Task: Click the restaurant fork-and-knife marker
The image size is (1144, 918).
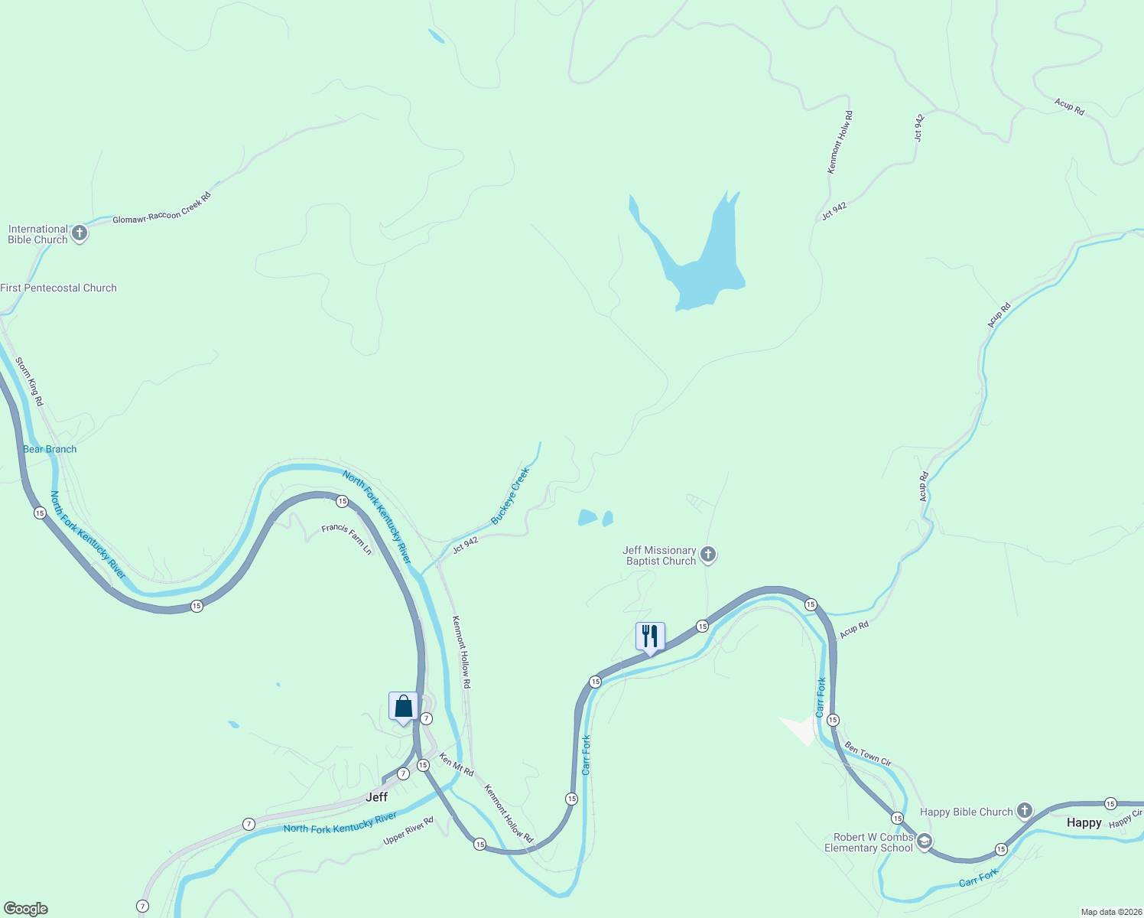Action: coord(650,636)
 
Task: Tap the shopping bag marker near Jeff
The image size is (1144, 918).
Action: coord(403,706)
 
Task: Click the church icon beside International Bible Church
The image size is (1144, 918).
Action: coord(80,233)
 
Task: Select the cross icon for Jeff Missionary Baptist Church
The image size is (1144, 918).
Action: coord(708,555)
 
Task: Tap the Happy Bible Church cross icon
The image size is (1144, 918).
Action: coord(1025,811)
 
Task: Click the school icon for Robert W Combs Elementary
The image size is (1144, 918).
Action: coord(924,842)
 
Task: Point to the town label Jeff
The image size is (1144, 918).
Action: coord(376,797)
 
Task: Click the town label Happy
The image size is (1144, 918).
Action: coord(1084,822)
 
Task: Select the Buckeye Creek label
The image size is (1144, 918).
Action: coord(510,496)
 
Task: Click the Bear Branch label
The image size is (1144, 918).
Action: coord(50,449)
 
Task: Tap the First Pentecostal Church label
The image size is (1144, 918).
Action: coord(59,288)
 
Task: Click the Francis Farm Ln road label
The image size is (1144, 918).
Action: coord(346,539)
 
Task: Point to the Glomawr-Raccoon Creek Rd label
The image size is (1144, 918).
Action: coord(161,208)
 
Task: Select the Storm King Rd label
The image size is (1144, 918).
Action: coord(30,381)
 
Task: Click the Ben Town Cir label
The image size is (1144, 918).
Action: coord(868,754)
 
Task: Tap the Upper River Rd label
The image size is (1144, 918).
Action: coord(408,831)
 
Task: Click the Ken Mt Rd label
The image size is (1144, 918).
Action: coord(457,764)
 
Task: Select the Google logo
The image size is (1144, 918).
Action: coord(26,909)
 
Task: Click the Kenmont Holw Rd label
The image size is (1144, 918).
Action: coord(840,142)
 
